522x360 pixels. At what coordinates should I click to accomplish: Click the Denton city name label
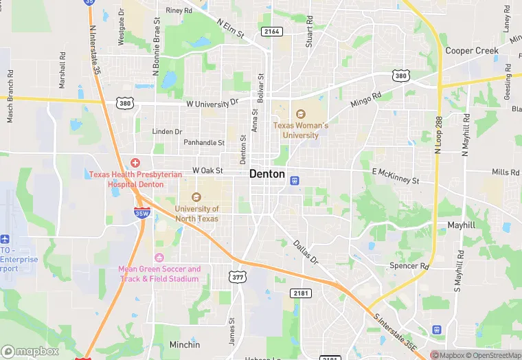pos(267,174)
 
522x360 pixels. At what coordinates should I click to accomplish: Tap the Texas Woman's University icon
pos(300,115)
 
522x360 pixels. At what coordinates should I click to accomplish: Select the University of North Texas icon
pos(196,198)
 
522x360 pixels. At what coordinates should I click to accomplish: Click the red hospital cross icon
pos(135,163)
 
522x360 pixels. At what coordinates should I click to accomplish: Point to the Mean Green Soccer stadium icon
pos(160,258)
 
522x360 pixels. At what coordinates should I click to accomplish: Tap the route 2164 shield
pos(271,31)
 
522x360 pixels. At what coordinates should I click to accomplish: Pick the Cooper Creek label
pos(471,51)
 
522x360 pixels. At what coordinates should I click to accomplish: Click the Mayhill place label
pos(461,225)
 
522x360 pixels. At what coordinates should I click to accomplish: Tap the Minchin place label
pos(185,344)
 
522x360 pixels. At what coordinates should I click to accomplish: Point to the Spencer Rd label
pos(409,266)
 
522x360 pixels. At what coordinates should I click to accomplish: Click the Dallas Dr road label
pos(306,252)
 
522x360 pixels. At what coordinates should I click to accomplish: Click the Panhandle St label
pos(203,143)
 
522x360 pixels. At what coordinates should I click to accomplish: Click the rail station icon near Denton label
pos(295,181)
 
